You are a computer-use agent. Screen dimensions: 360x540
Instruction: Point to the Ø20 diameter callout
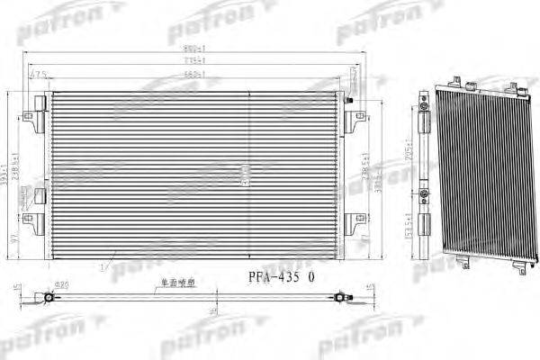tap(64, 285)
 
